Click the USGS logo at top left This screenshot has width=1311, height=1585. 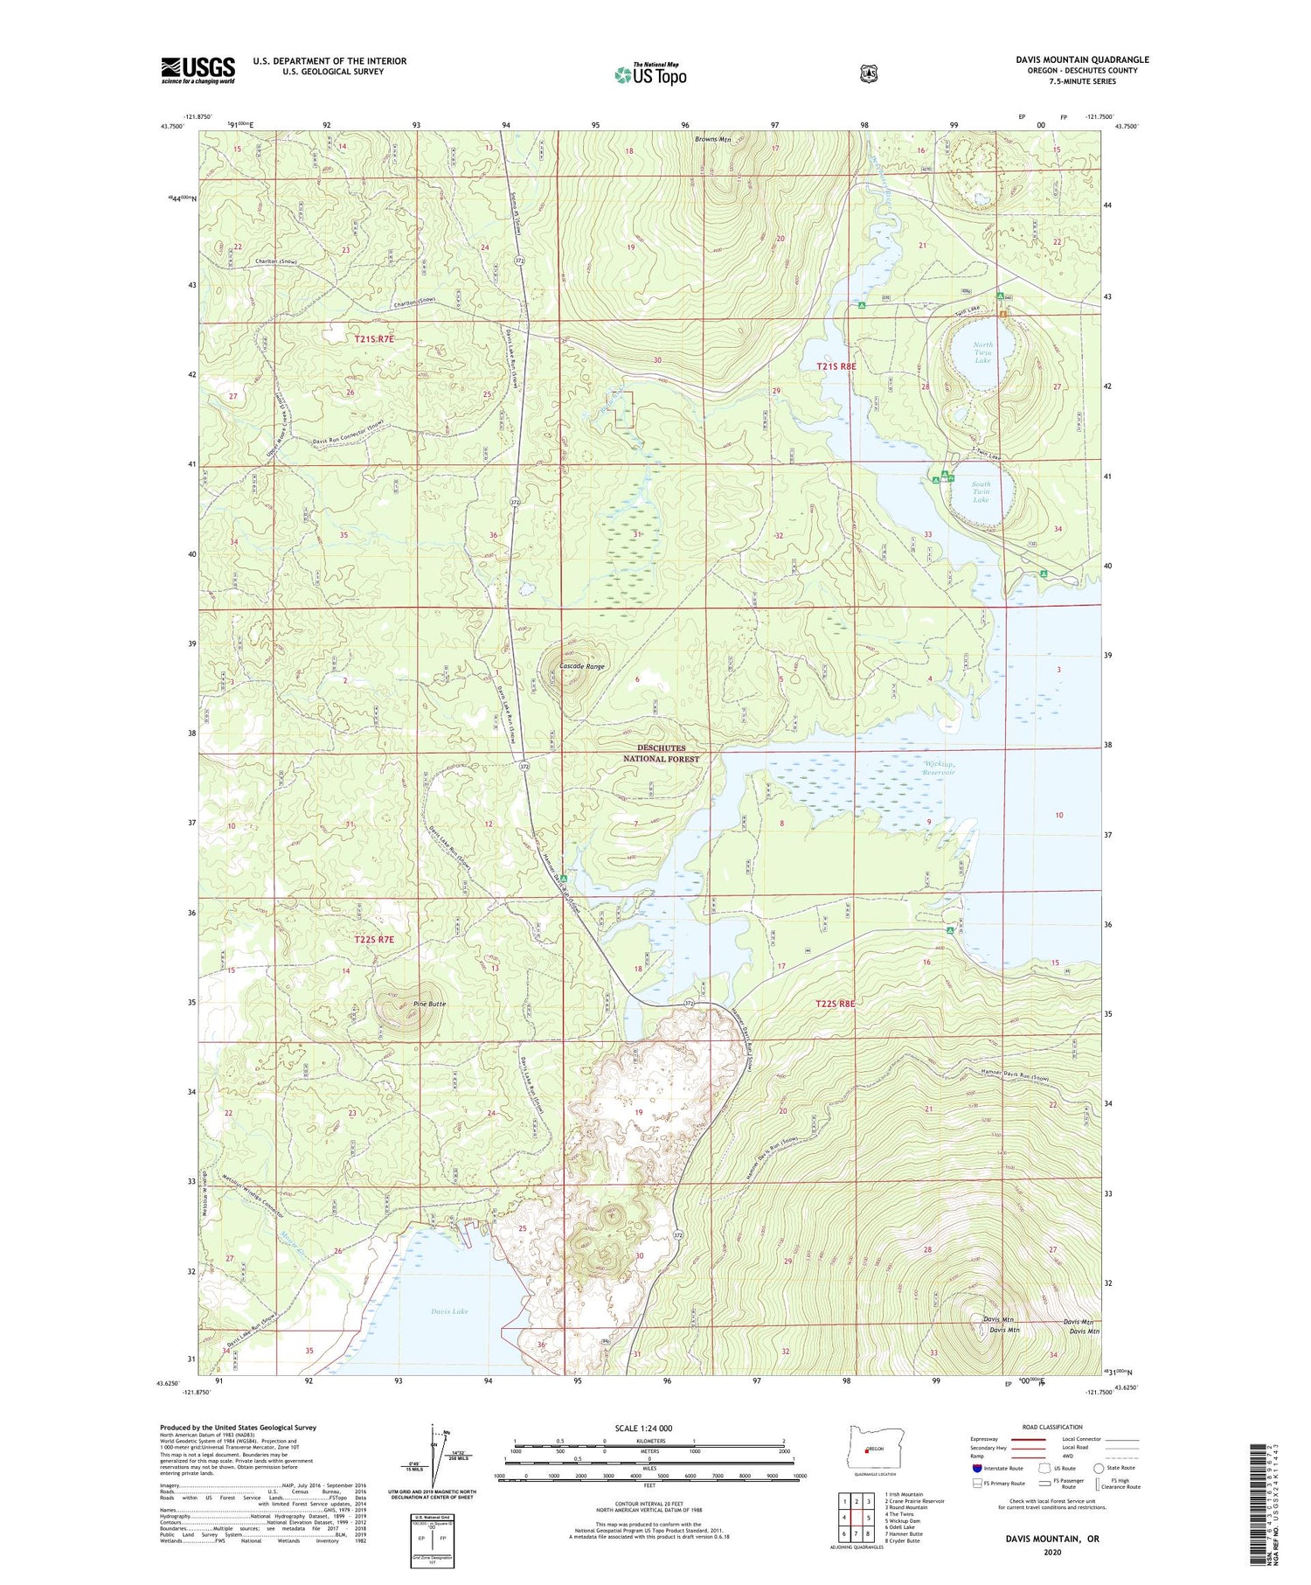click(x=198, y=70)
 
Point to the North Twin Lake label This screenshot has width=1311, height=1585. click(x=983, y=352)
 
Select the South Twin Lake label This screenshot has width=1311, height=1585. click(x=981, y=491)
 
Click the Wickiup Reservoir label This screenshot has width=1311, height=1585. click(x=940, y=768)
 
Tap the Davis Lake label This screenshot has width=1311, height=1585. click(x=449, y=1310)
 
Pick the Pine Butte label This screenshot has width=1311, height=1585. click(x=430, y=1004)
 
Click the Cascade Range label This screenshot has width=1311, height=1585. click(x=581, y=666)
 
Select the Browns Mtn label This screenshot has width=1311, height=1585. click(x=713, y=139)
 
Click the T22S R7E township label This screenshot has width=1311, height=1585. click(x=374, y=939)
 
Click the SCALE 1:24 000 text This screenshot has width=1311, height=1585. click(x=643, y=1428)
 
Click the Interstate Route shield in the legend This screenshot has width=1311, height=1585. click(x=977, y=1468)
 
